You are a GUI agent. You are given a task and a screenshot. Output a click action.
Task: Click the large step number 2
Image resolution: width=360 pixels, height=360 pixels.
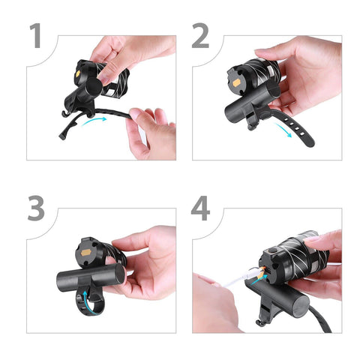tap(200, 35)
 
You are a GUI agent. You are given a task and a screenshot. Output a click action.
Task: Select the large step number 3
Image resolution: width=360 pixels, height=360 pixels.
tap(37, 208)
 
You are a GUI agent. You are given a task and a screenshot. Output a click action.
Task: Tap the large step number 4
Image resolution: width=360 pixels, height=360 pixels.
tap(200, 208)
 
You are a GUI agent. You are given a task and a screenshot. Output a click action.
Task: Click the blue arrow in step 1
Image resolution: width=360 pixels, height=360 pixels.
tap(94, 121)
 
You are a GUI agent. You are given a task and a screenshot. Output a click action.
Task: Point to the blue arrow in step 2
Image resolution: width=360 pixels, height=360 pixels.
tap(283, 130)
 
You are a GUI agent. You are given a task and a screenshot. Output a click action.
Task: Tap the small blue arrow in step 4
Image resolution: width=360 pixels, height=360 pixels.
tap(259, 280)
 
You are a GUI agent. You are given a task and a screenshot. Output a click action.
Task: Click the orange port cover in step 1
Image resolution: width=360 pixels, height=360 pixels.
tap(78, 73)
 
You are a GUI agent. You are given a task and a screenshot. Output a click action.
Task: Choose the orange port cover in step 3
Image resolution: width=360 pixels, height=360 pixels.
tap(86, 253)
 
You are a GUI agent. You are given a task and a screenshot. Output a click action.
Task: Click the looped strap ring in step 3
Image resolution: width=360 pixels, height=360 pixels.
tap(90, 302)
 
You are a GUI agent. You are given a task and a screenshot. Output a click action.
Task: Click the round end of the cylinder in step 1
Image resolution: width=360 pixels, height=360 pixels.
tap(94, 87)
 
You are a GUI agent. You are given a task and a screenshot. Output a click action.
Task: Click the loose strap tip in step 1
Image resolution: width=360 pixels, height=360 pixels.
tap(62, 136)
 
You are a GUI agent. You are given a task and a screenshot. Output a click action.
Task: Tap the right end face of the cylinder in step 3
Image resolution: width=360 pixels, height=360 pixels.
tap(120, 274)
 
